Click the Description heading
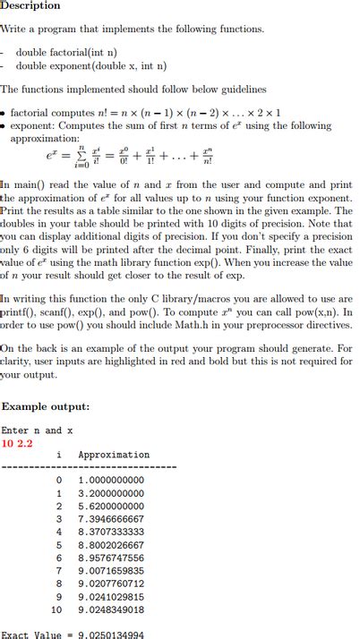(30, 5)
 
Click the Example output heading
(46, 406)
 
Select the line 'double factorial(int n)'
(66, 52)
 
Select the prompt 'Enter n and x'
(37, 430)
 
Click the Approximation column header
(114, 455)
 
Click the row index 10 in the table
(56, 609)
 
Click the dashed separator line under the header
(90, 466)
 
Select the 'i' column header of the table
(59, 455)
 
